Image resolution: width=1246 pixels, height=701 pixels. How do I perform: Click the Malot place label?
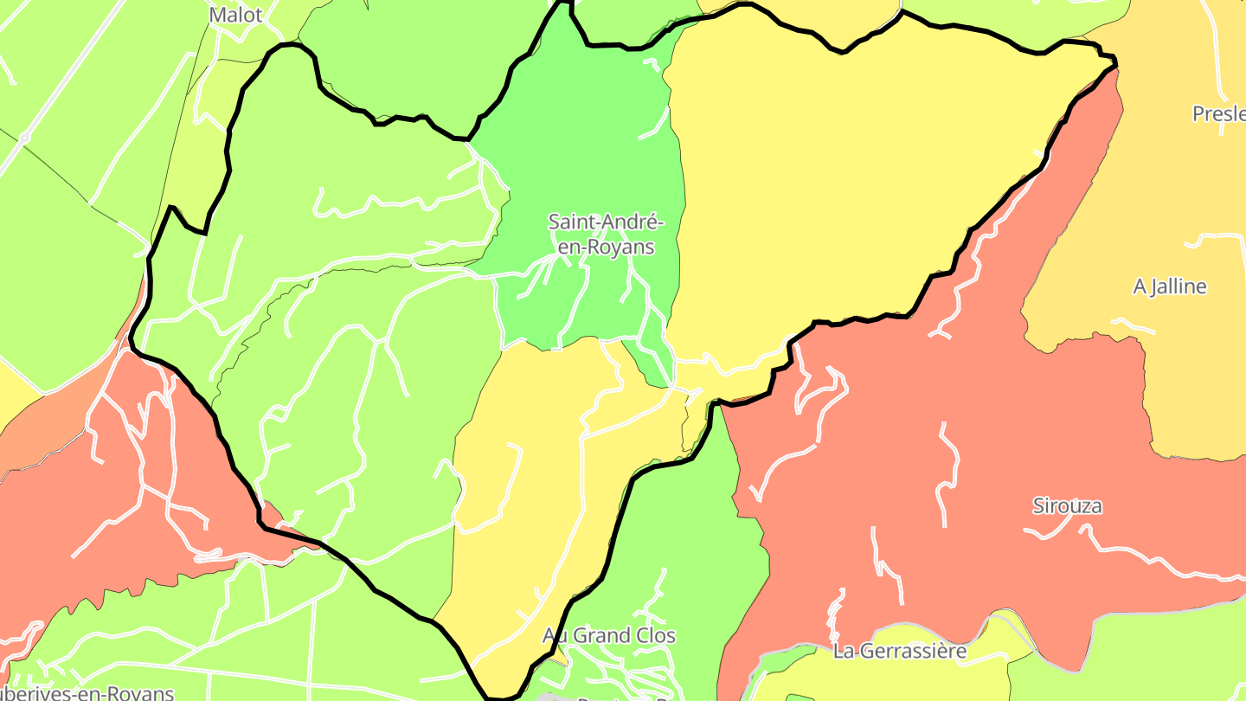[x=235, y=15]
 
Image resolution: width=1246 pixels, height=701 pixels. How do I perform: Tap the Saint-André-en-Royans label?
[x=606, y=234]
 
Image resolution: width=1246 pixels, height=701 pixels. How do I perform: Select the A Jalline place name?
[x=1169, y=286]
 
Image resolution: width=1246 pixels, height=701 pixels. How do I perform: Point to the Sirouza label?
[x=1067, y=505]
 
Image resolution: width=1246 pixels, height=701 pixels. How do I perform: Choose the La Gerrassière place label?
[x=899, y=651]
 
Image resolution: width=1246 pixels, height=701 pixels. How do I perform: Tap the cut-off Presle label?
[x=1218, y=113]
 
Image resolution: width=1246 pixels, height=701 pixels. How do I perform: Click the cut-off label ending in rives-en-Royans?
[x=87, y=692]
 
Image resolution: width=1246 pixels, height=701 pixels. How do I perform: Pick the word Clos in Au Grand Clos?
[x=656, y=635]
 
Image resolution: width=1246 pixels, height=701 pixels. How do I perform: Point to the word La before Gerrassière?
[x=844, y=651]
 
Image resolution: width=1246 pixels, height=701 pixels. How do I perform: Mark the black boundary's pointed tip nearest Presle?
[x=1114, y=61]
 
